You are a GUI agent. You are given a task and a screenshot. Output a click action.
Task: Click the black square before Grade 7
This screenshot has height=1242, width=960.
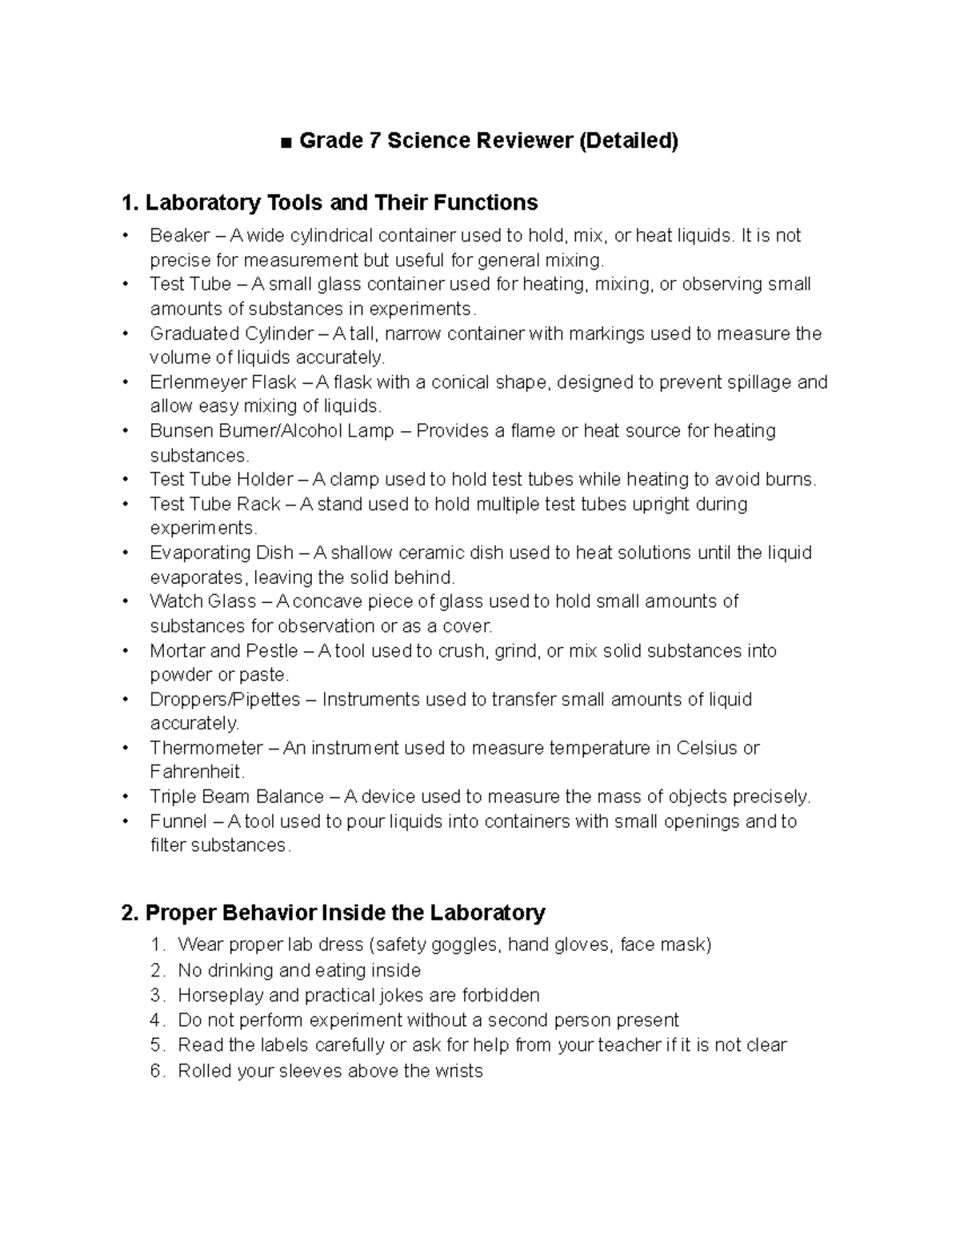(x=286, y=142)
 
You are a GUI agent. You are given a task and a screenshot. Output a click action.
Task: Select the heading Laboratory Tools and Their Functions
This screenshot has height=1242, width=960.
(x=330, y=202)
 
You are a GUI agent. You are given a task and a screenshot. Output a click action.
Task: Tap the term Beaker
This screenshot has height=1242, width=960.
(x=179, y=235)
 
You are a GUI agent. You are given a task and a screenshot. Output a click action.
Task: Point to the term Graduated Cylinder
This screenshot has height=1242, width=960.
(x=231, y=333)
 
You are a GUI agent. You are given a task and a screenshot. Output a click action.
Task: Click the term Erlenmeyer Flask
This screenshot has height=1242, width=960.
(x=223, y=381)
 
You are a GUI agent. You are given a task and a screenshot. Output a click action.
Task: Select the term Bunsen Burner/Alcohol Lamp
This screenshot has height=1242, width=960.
(x=271, y=430)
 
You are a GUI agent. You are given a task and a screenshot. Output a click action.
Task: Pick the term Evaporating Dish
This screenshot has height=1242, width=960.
(x=221, y=553)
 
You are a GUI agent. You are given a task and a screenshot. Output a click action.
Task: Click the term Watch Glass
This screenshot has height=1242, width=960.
(x=202, y=601)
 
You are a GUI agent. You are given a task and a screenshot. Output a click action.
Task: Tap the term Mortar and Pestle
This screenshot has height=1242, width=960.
(x=223, y=650)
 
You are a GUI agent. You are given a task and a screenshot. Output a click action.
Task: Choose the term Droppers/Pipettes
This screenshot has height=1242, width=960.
(x=225, y=699)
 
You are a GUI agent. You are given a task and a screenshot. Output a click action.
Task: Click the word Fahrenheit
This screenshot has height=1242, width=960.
(x=196, y=772)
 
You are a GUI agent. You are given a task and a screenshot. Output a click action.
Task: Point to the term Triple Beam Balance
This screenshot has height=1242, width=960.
(x=236, y=797)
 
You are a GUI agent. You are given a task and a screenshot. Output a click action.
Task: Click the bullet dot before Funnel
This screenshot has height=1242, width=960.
(x=126, y=821)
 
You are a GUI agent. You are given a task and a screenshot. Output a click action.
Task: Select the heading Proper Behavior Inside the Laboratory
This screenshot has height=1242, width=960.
(x=333, y=913)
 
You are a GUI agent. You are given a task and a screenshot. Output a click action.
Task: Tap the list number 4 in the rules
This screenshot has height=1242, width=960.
(x=156, y=1020)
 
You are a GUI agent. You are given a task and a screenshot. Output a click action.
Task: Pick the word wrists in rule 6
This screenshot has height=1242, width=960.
(x=458, y=1070)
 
